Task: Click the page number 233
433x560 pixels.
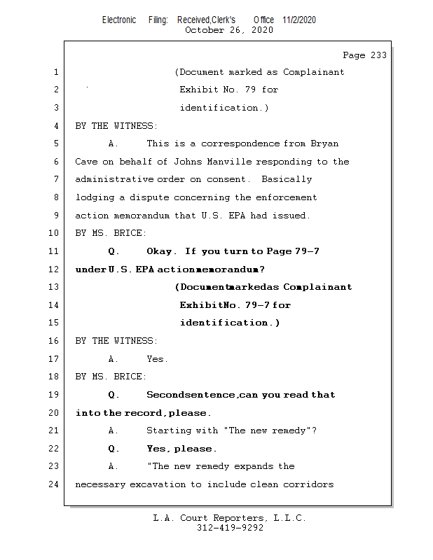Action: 376,55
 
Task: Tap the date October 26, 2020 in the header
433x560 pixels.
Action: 229,30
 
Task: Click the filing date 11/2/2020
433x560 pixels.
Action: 299,20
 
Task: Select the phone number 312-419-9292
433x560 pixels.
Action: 230,528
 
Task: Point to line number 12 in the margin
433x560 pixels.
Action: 55,269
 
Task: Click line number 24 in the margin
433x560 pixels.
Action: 55,484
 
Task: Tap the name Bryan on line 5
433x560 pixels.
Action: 324,143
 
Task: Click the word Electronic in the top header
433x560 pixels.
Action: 119,20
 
